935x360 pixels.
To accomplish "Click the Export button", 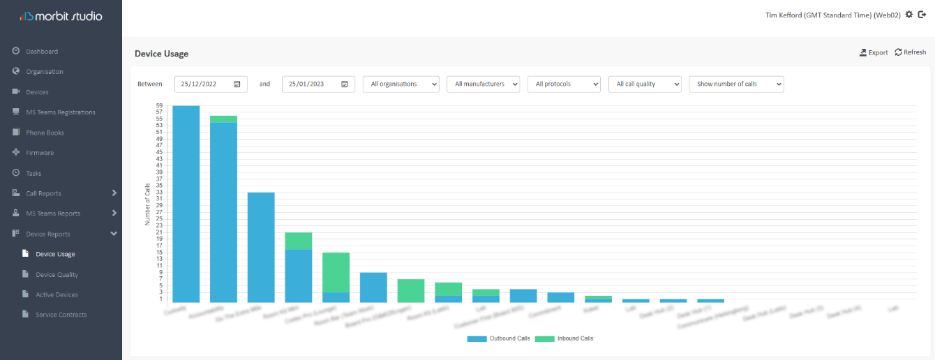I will coord(874,52).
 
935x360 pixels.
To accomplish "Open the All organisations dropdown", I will coord(401,84).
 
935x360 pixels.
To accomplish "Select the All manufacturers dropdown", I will coord(483,84).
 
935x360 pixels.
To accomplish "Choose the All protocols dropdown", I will coord(564,84).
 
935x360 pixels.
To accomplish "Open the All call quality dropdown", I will coord(645,84).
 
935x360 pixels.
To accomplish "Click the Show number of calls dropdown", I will coord(736,84).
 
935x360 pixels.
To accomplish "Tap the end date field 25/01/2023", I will coord(318,84).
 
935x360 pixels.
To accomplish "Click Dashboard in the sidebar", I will coord(42,52).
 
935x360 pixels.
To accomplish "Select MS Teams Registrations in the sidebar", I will coord(60,112).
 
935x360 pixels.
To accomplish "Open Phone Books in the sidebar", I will coord(45,133).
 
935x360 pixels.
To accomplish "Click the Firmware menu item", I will coord(40,153).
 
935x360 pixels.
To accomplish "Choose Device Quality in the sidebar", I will coord(57,275).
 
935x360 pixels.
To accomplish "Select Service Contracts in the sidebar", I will coord(61,315).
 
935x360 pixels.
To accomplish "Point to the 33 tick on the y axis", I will coord(159,192).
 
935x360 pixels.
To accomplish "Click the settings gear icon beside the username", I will coord(908,15).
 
